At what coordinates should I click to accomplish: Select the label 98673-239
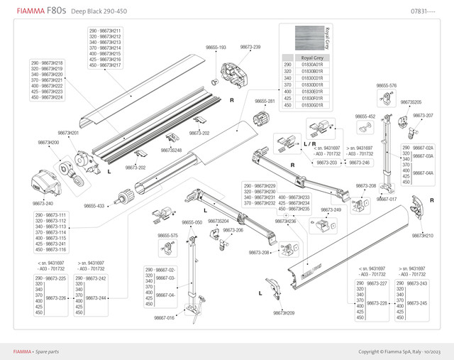[x=250, y=47]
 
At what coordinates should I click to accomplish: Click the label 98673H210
[x=423, y=235]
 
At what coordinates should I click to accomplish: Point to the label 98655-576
[x=386, y=86]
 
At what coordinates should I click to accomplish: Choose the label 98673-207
[x=423, y=115]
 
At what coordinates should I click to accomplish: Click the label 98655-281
[x=265, y=102]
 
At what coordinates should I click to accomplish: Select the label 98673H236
[x=285, y=221]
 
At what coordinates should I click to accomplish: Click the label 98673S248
[x=171, y=151]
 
